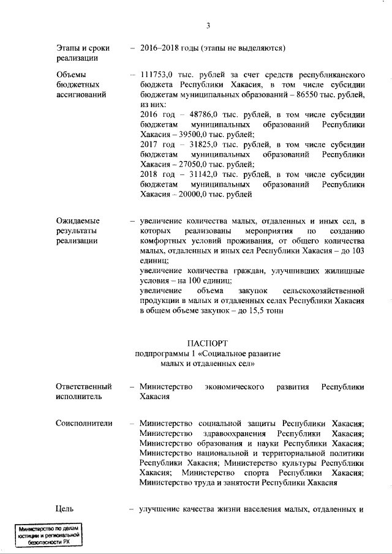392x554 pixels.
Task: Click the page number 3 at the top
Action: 208,25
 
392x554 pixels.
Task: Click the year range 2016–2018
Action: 160,48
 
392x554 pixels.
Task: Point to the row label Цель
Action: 65,509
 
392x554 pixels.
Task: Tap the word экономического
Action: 235,387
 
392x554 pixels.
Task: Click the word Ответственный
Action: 83,387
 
